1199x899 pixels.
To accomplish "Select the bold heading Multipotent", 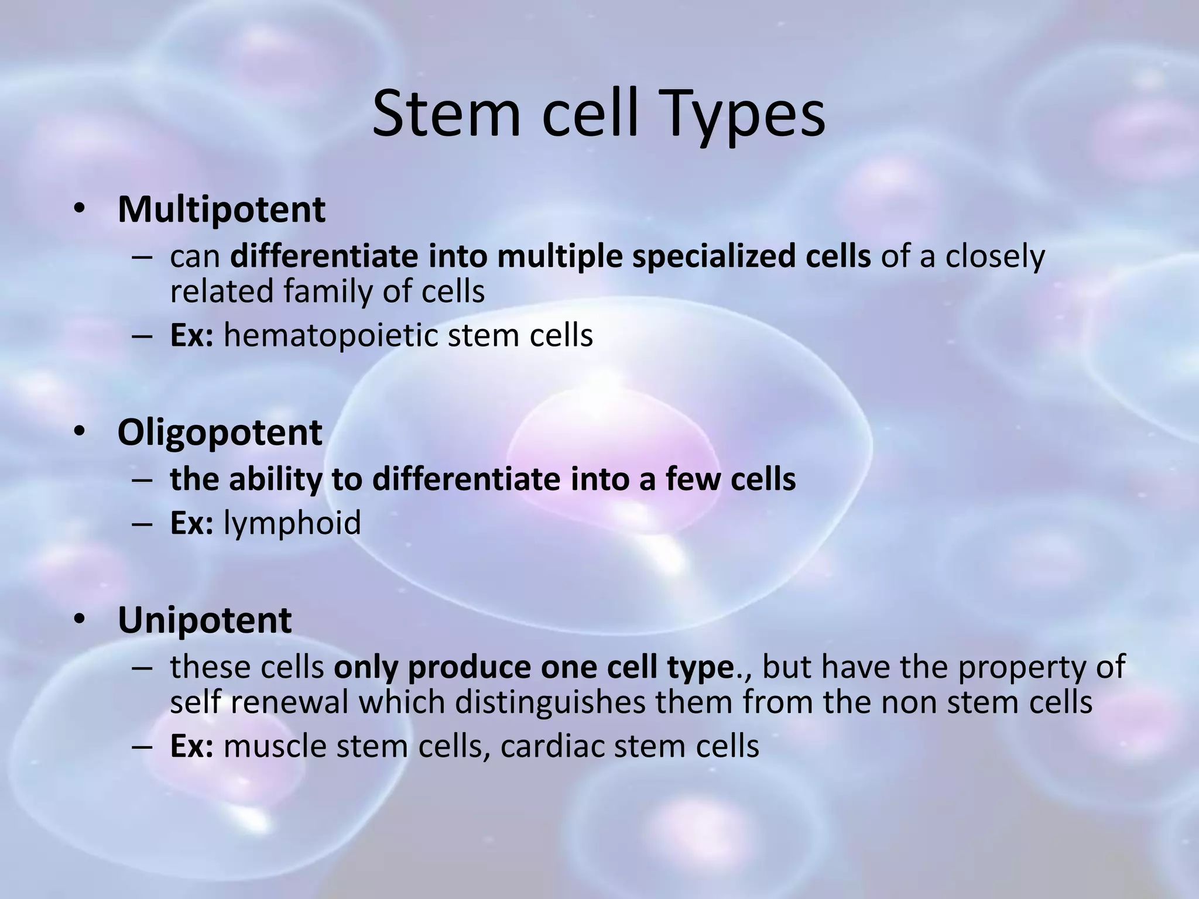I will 221,209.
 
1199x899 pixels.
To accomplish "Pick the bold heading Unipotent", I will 204,620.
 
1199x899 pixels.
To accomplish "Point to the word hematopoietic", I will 330,336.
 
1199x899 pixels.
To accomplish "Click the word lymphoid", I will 292,523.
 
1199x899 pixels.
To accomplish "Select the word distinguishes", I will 550,701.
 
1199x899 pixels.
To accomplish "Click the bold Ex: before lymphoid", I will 191,523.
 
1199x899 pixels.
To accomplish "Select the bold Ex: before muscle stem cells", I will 191,746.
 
